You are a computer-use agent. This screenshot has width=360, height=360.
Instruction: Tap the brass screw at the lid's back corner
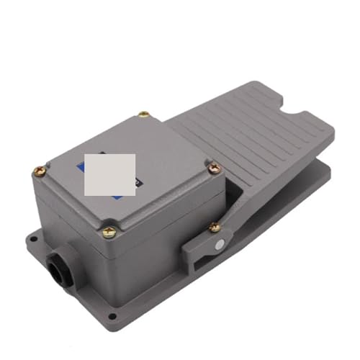[144, 114]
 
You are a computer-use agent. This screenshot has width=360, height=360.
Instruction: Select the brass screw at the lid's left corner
[40, 171]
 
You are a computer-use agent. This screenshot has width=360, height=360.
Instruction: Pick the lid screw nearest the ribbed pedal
[213, 168]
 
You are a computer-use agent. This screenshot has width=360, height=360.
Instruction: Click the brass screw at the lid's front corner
[109, 232]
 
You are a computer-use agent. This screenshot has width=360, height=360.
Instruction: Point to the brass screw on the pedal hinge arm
[215, 228]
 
